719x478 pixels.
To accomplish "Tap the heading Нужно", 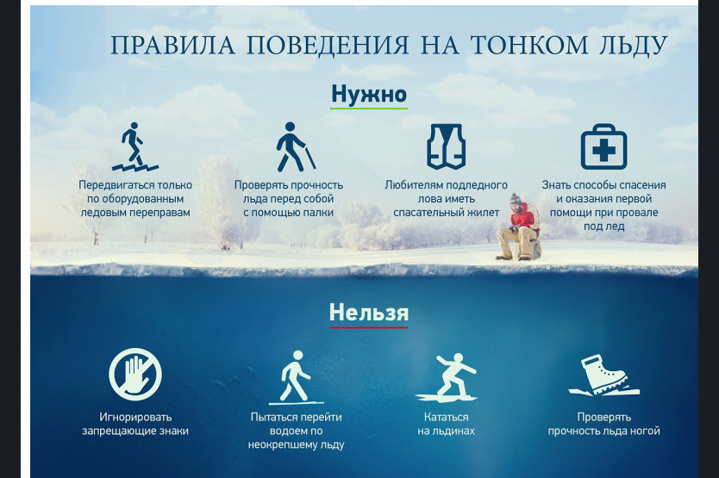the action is [369, 94].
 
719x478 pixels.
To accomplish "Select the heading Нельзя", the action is [369, 313].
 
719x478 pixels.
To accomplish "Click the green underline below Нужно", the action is [369, 109].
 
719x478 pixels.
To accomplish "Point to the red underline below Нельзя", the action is [369, 327].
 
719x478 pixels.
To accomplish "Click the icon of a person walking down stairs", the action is [134, 146].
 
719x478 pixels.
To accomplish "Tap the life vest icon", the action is [447, 146].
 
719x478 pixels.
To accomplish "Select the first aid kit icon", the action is [603, 146].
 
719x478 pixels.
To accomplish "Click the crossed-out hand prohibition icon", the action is [135, 375].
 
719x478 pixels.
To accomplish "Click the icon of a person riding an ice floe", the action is [447, 377].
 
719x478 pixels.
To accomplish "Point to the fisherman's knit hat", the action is [516, 198].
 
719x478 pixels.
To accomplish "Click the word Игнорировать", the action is [135, 417].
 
